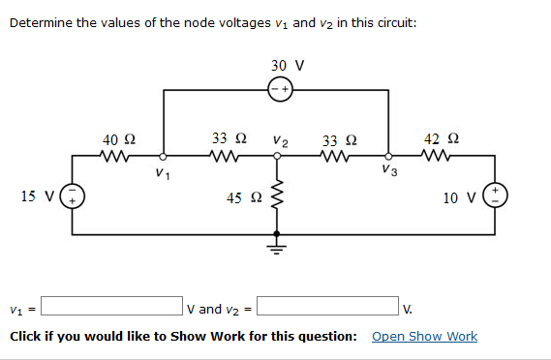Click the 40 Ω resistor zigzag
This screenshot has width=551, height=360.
point(117,156)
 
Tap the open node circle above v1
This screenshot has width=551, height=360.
point(163,156)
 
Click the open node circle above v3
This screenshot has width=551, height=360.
point(389,156)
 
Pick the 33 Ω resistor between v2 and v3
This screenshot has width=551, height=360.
point(334,156)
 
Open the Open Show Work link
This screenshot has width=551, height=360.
point(424,336)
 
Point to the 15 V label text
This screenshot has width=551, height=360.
point(37,197)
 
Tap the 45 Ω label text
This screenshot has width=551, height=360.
point(242,198)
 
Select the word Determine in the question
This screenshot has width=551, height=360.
point(40,22)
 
